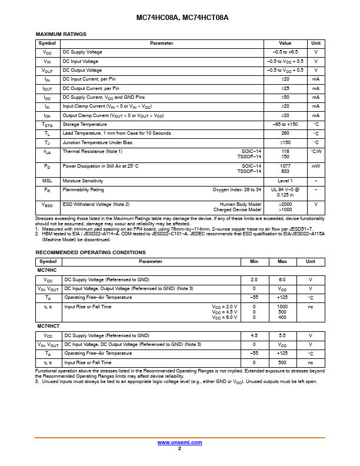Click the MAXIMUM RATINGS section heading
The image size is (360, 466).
tap(61, 35)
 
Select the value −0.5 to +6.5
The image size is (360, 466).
tap(285, 52)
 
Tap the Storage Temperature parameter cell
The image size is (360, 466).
tap(85, 124)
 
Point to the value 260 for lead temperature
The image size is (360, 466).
tap(285, 134)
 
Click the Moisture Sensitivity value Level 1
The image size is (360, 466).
tap(285, 181)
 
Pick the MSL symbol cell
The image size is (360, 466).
tap(47, 181)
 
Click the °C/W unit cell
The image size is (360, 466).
tap(316, 151)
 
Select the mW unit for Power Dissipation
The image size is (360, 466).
tap(316, 166)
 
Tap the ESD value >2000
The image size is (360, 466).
tap(285, 204)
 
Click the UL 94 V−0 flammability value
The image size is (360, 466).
tap(285, 189)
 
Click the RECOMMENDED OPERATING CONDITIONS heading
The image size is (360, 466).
tap(91, 252)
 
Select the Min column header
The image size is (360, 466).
tap(254, 261)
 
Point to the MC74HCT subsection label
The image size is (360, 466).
tap(48, 326)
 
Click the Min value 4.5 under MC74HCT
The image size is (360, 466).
tap(254, 335)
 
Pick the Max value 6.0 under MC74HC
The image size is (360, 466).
tap(282, 279)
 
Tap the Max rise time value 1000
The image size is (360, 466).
tap(282, 307)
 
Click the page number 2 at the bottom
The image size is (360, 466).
tap(179, 448)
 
